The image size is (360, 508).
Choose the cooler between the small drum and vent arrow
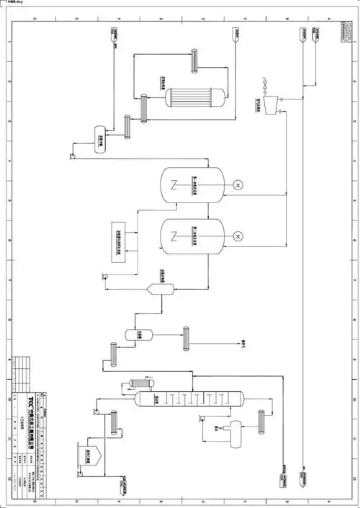[186, 337]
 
